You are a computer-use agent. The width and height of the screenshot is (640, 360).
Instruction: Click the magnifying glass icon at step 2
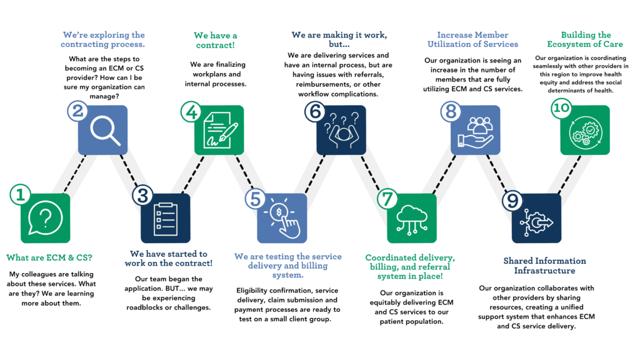point(105,131)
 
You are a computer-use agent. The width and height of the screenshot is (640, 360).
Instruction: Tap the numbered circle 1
point(20,194)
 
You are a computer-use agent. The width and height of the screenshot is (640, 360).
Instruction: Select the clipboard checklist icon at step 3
point(165,219)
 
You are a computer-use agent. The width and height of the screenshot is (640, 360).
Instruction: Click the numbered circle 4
point(191,112)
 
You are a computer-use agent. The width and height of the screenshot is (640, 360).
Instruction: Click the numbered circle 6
point(315,112)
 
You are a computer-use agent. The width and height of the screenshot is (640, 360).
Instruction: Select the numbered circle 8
point(451,112)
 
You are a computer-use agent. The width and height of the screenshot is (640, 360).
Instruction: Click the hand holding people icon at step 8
point(476,132)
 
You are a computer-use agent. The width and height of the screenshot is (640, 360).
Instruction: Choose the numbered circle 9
point(512,201)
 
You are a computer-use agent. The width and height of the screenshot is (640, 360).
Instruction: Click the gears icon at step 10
point(585,131)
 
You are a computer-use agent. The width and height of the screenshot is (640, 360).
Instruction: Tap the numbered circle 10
point(561,107)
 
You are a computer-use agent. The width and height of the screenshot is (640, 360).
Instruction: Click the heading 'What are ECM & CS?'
point(49,257)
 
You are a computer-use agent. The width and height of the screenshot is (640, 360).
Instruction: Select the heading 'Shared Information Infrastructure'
point(544,266)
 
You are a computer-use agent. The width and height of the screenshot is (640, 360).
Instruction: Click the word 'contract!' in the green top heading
point(216,45)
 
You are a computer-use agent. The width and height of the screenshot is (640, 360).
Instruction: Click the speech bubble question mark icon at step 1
point(45,218)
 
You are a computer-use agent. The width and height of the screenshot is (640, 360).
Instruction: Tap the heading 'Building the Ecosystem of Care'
point(585,39)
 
